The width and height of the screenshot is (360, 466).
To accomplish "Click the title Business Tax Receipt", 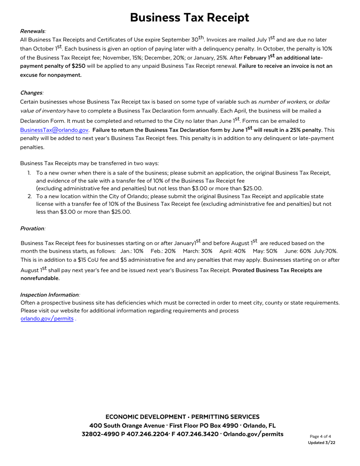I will click(189, 17).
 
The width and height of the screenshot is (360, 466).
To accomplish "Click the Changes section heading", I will click(31, 93).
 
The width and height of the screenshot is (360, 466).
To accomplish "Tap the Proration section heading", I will click(32, 228).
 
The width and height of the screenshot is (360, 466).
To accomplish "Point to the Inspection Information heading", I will click(50, 295).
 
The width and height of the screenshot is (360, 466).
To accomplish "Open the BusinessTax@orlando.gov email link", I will click(54, 130).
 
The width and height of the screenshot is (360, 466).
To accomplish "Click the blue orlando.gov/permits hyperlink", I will click(47, 319).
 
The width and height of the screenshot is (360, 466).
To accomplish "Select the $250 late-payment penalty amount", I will click(73, 66).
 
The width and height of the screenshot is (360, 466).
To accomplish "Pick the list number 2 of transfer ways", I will click(29, 196).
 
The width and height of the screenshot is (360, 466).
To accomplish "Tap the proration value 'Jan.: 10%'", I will click(132, 251).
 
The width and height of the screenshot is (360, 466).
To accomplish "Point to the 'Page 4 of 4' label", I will click(320, 436).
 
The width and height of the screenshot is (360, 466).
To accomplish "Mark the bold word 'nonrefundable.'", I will click(40, 278).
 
